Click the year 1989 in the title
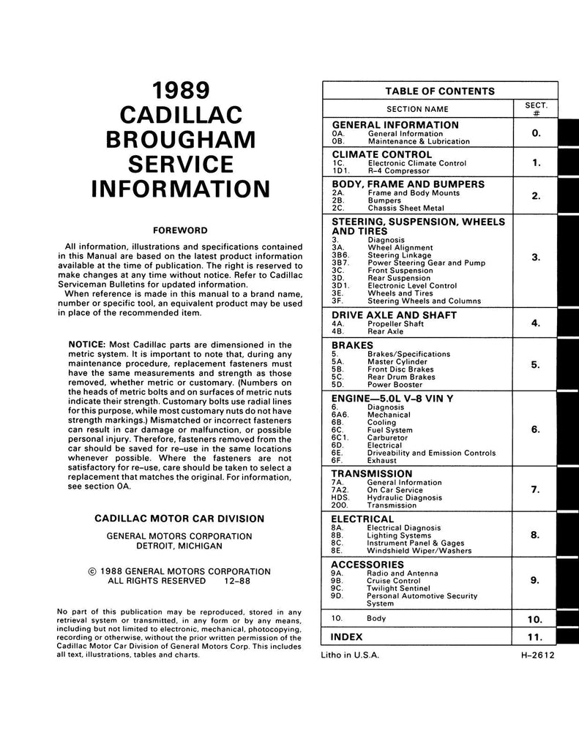click(180, 90)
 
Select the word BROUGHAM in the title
click(180, 139)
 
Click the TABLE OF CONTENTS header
click(440, 91)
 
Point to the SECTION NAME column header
click(417, 109)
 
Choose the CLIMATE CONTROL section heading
click(381, 154)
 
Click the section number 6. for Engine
click(536, 430)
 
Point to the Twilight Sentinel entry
click(401, 588)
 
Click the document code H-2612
click(534, 656)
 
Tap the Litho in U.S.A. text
click(350, 656)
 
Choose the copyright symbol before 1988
click(91, 571)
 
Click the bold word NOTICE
click(87, 345)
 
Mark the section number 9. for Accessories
click(536, 581)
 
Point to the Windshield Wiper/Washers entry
click(419, 551)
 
